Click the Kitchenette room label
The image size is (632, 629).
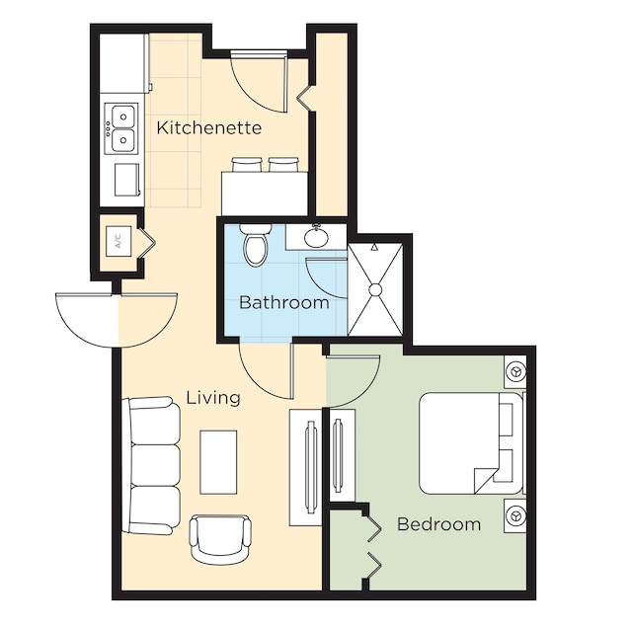point(208,127)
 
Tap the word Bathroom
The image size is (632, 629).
point(284,302)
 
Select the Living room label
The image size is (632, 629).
point(213,398)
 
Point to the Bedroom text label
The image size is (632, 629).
point(438,524)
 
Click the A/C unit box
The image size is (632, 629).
point(118,241)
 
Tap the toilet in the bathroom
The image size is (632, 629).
point(256,245)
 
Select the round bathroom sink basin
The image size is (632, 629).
point(316,237)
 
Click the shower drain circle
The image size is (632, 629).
point(375,289)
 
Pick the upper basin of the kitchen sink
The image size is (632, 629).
point(123,117)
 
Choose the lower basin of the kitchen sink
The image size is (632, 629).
point(123,140)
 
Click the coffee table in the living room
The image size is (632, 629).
point(218,462)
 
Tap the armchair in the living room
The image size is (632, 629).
point(220,539)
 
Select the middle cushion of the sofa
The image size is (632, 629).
point(156,465)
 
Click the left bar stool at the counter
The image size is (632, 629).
point(246,165)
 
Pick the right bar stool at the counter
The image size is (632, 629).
point(283,165)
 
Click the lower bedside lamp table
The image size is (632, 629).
point(515,515)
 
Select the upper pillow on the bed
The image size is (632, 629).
point(507,419)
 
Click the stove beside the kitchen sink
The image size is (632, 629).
point(127,180)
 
